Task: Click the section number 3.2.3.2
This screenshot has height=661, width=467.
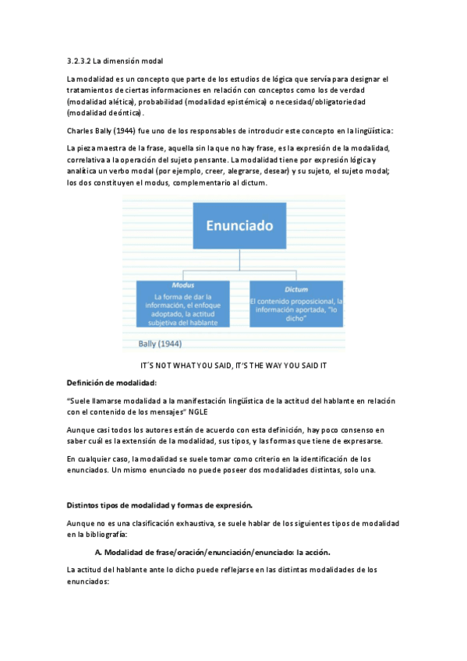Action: (x=80, y=60)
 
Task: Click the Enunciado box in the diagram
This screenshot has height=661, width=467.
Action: (x=239, y=226)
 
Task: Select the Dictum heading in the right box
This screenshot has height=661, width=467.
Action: (x=295, y=288)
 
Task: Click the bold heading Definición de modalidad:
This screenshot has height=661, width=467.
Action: (x=111, y=382)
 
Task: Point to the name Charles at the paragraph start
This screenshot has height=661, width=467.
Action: (x=80, y=130)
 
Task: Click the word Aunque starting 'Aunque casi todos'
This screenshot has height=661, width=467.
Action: (x=80, y=429)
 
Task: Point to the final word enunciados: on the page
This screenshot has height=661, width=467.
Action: (x=87, y=581)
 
